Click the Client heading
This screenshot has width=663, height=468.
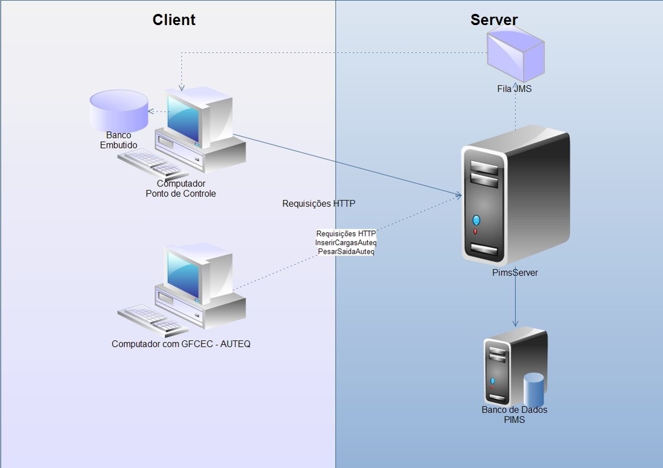[x=174, y=20]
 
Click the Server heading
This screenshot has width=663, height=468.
[x=494, y=20]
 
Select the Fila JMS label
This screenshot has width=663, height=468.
[x=514, y=88]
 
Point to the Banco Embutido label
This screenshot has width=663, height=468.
[x=118, y=140]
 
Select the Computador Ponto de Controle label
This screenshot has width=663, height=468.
[x=180, y=189]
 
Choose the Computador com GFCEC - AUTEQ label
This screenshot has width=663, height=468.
[x=181, y=344]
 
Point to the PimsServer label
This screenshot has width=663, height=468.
[x=514, y=273]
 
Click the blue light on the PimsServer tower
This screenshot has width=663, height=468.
[x=476, y=219]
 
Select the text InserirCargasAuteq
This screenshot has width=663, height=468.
[x=346, y=243]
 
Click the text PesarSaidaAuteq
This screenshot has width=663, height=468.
[x=346, y=252]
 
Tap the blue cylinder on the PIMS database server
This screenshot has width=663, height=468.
[x=533, y=390]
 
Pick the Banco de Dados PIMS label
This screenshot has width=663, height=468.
[x=514, y=414]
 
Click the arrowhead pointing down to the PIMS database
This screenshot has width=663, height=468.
[x=515, y=323]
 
